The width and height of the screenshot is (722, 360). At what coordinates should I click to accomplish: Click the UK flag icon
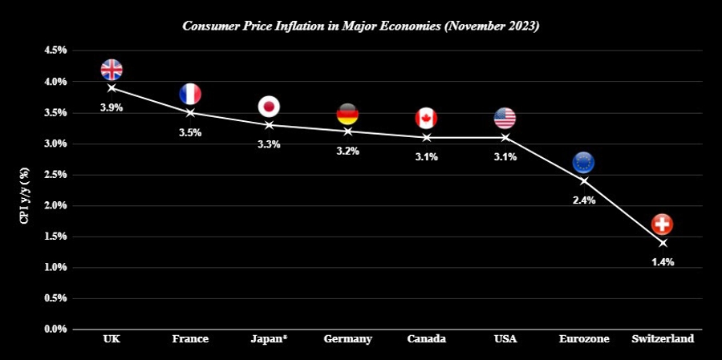click(x=112, y=70)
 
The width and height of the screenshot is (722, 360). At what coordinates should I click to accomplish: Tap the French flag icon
click(x=190, y=94)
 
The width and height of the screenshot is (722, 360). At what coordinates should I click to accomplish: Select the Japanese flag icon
click(x=269, y=106)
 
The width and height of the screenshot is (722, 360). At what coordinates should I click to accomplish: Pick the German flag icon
click(x=347, y=113)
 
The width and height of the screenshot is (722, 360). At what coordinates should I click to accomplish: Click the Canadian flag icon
click(x=426, y=119)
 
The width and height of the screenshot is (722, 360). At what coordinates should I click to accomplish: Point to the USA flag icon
click(x=505, y=119)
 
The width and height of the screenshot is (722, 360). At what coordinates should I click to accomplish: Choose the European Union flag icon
click(x=583, y=163)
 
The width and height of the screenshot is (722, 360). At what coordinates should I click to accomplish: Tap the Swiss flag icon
click(x=662, y=224)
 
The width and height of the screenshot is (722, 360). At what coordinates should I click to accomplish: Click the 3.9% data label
click(x=112, y=107)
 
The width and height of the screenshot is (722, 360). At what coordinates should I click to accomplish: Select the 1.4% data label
click(x=662, y=262)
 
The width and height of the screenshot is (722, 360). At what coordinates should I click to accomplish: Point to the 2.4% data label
click(x=583, y=200)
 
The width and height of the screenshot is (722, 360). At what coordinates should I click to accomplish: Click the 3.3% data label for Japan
click(x=269, y=144)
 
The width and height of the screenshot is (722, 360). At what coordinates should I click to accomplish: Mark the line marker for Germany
click(x=347, y=131)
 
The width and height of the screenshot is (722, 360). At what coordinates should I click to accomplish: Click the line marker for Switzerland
click(x=662, y=242)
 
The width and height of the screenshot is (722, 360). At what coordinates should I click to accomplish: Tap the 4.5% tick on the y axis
click(x=55, y=51)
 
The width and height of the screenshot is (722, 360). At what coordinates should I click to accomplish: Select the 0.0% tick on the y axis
click(x=55, y=329)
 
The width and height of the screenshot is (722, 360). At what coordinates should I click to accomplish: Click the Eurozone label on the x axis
click(x=583, y=339)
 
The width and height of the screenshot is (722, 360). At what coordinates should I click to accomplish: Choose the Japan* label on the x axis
click(x=269, y=339)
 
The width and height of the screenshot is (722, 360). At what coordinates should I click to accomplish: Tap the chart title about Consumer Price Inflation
click(x=361, y=26)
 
